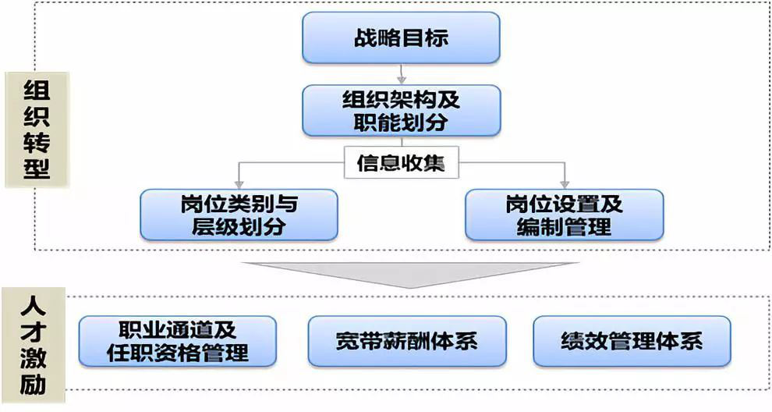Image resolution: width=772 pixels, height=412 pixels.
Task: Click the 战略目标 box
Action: point(401,37)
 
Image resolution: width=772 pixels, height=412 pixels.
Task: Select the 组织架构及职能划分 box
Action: point(401,110)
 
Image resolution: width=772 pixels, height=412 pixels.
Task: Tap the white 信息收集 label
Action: point(401,165)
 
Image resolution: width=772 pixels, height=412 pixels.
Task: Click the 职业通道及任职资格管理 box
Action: point(178,341)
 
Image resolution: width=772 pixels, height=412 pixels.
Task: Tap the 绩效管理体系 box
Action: point(632,341)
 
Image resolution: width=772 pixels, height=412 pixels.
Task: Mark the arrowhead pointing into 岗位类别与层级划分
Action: point(239,183)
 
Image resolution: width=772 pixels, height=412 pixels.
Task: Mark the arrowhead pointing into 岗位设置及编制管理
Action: point(564,183)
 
